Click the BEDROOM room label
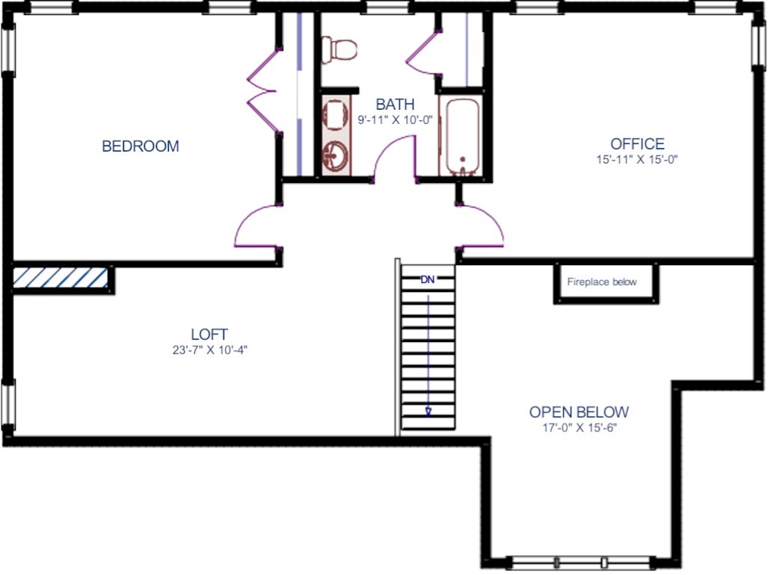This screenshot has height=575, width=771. [x=141, y=146]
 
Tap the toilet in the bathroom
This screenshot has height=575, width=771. [x=340, y=50]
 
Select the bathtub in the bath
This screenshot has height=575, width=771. [x=461, y=137]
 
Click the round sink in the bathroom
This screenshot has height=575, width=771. [x=334, y=157]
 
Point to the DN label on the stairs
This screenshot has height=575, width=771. [x=427, y=280]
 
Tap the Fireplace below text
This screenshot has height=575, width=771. [x=602, y=282]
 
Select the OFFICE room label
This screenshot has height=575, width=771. [x=637, y=144]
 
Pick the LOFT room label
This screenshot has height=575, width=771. [x=209, y=335]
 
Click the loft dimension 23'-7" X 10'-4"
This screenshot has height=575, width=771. [x=209, y=349]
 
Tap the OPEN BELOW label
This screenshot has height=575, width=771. [x=579, y=412]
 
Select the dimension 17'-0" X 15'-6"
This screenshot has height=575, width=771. [x=578, y=428]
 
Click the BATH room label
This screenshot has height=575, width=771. [x=395, y=105]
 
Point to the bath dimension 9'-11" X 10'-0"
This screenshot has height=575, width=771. [x=395, y=119]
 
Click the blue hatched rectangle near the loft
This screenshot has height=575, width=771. [x=61, y=278]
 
